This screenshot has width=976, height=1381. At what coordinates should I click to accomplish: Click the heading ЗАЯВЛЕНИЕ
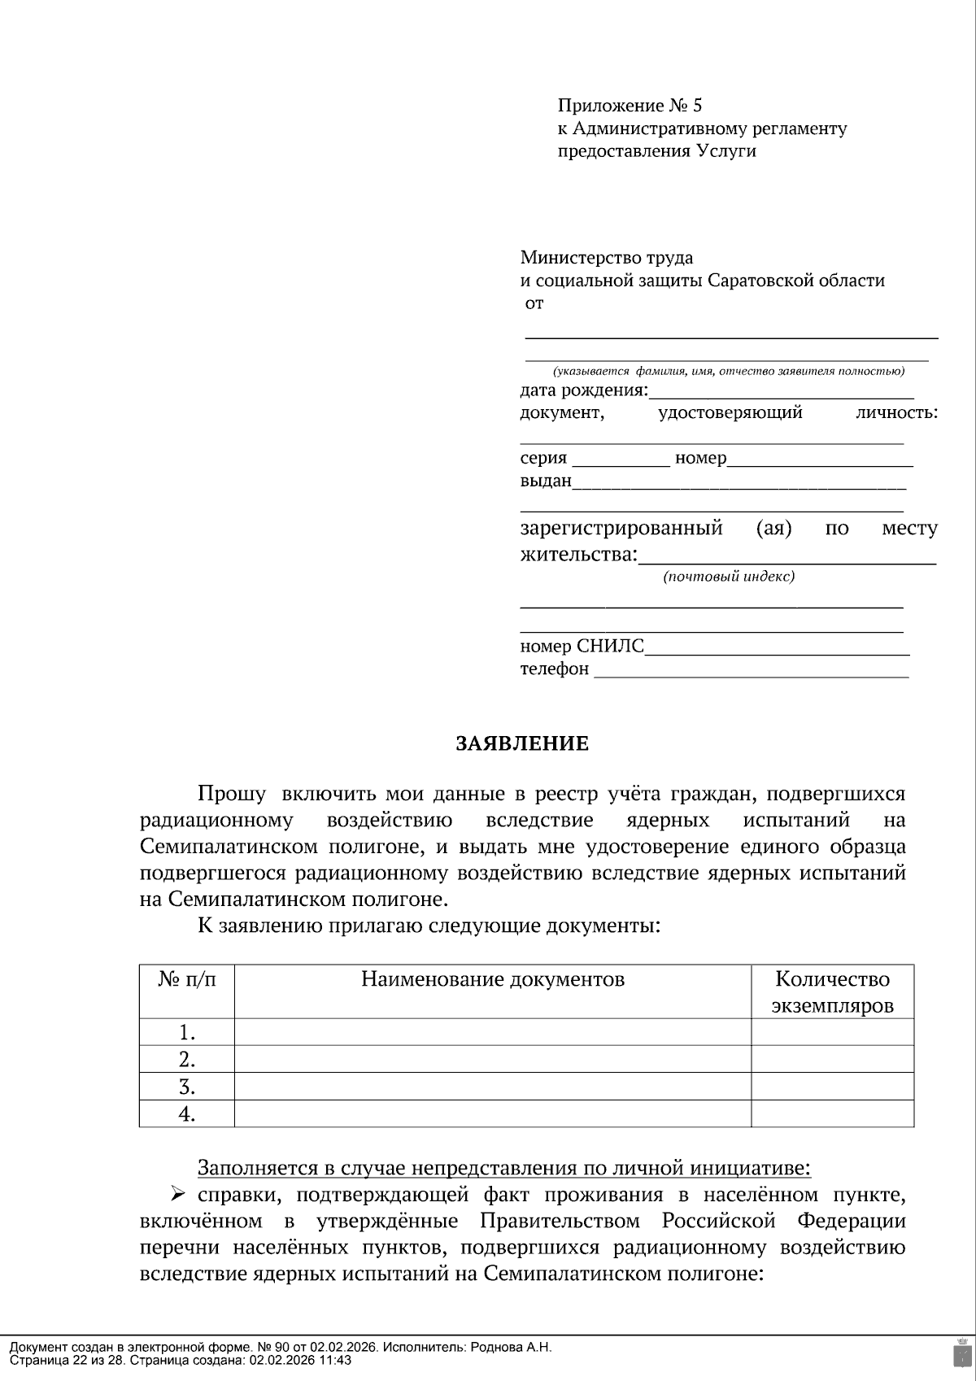(521, 743)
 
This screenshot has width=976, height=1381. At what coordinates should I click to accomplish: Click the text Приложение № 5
(629, 106)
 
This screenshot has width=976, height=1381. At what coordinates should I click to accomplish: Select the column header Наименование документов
(492, 979)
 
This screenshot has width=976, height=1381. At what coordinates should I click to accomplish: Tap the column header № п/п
(187, 979)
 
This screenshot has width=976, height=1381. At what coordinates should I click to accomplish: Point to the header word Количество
(832, 979)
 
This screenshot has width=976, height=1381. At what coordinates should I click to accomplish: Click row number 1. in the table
(187, 1033)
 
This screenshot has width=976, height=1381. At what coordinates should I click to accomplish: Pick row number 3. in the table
(187, 1087)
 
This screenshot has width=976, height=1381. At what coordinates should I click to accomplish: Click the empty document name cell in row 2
(492, 1060)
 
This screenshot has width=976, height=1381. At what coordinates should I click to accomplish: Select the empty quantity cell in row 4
(832, 1113)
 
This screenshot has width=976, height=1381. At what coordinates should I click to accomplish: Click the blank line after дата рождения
(781, 392)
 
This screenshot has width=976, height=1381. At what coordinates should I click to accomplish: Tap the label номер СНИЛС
(582, 647)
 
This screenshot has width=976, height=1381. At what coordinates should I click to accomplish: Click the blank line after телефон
(750, 671)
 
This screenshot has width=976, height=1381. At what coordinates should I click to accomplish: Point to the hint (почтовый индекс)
(728, 577)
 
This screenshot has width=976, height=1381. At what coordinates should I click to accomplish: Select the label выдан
(546, 481)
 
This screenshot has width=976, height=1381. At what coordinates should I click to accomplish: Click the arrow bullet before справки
(178, 1194)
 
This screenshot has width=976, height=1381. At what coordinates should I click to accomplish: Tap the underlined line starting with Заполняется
(503, 1168)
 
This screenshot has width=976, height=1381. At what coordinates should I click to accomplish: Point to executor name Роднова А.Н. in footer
(512, 1347)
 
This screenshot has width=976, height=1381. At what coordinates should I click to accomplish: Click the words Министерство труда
(606, 258)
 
